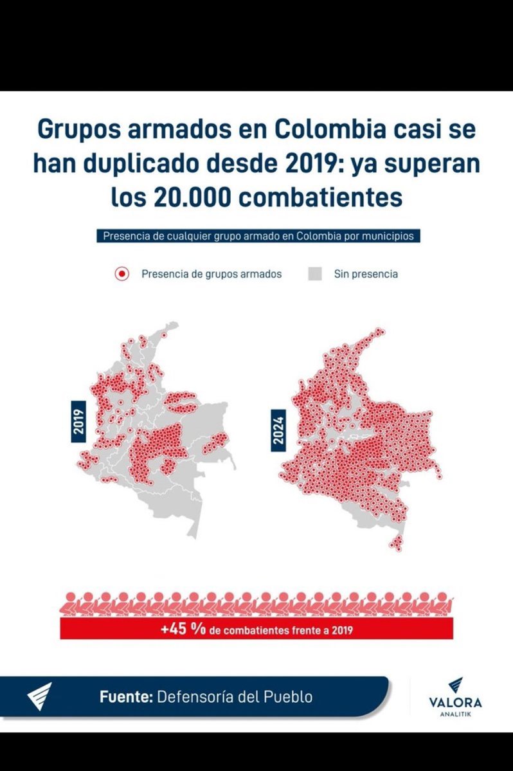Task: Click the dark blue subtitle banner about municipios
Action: pyautogui.click(x=259, y=236)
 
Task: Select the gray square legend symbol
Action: pyautogui.click(x=314, y=274)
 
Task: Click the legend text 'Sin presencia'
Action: pyautogui.click(x=365, y=274)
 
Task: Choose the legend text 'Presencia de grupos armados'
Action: pyautogui.click(x=212, y=274)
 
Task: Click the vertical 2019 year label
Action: pyautogui.click(x=79, y=424)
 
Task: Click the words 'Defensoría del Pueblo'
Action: pyautogui.click(x=234, y=696)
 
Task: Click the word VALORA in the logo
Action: pyautogui.click(x=455, y=702)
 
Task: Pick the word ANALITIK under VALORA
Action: pyautogui.click(x=455, y=714)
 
